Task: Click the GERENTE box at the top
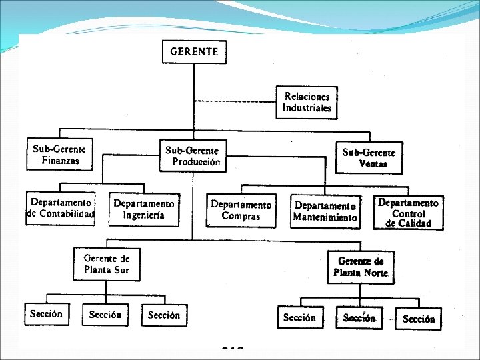click(194, 51)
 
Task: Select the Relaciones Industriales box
click(307, 101)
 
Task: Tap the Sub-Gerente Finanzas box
click(59, 154)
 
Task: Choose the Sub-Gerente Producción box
click(193, 156)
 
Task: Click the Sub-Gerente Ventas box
click(369, 158)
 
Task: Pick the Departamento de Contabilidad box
click(60, 208)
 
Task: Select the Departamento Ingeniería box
click(144, 209)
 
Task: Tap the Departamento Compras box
click(241, 211)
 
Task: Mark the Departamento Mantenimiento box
click(325, 211)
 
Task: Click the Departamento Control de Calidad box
click(408, 213)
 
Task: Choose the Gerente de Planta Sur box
click(107, 264)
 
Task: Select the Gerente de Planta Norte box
click(361, 267)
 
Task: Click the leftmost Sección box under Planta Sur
click(47, 314)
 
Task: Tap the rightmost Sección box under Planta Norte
click(419, 319)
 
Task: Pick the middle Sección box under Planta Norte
click(359, 318)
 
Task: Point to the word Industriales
click(307, 108)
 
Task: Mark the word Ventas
click(373, 164)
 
